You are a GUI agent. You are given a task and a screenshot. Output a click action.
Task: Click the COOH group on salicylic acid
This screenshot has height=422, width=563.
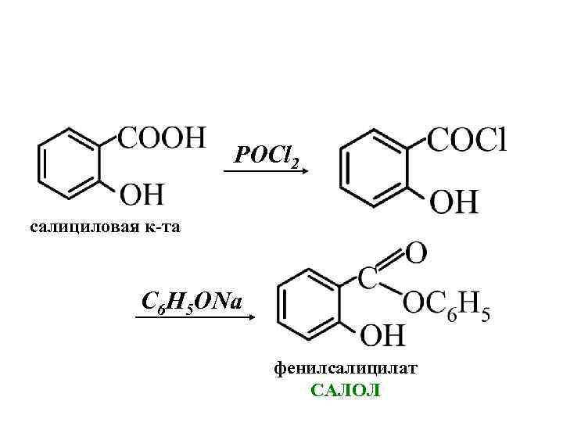(x=162, y=138)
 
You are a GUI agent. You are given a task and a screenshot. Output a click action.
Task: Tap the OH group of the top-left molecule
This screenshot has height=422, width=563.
(x=141, y=191)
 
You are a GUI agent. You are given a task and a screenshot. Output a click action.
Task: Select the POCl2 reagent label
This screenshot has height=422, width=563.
(x=266, y=157)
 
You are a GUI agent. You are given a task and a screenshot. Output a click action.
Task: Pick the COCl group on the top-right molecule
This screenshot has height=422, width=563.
(x=467, y=141)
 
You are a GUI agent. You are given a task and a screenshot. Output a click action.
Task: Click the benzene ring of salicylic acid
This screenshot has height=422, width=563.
(x=71, y=165)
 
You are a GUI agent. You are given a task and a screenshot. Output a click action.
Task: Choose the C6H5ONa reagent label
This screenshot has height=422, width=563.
(x=192, y=302)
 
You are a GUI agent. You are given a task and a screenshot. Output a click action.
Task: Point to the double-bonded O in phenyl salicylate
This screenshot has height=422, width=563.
(x=416, y=252)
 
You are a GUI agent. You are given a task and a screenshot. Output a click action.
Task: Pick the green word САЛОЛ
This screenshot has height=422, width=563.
(x=345, y=390)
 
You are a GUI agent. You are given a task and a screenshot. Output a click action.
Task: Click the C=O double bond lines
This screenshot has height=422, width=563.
(x=393, y=260)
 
